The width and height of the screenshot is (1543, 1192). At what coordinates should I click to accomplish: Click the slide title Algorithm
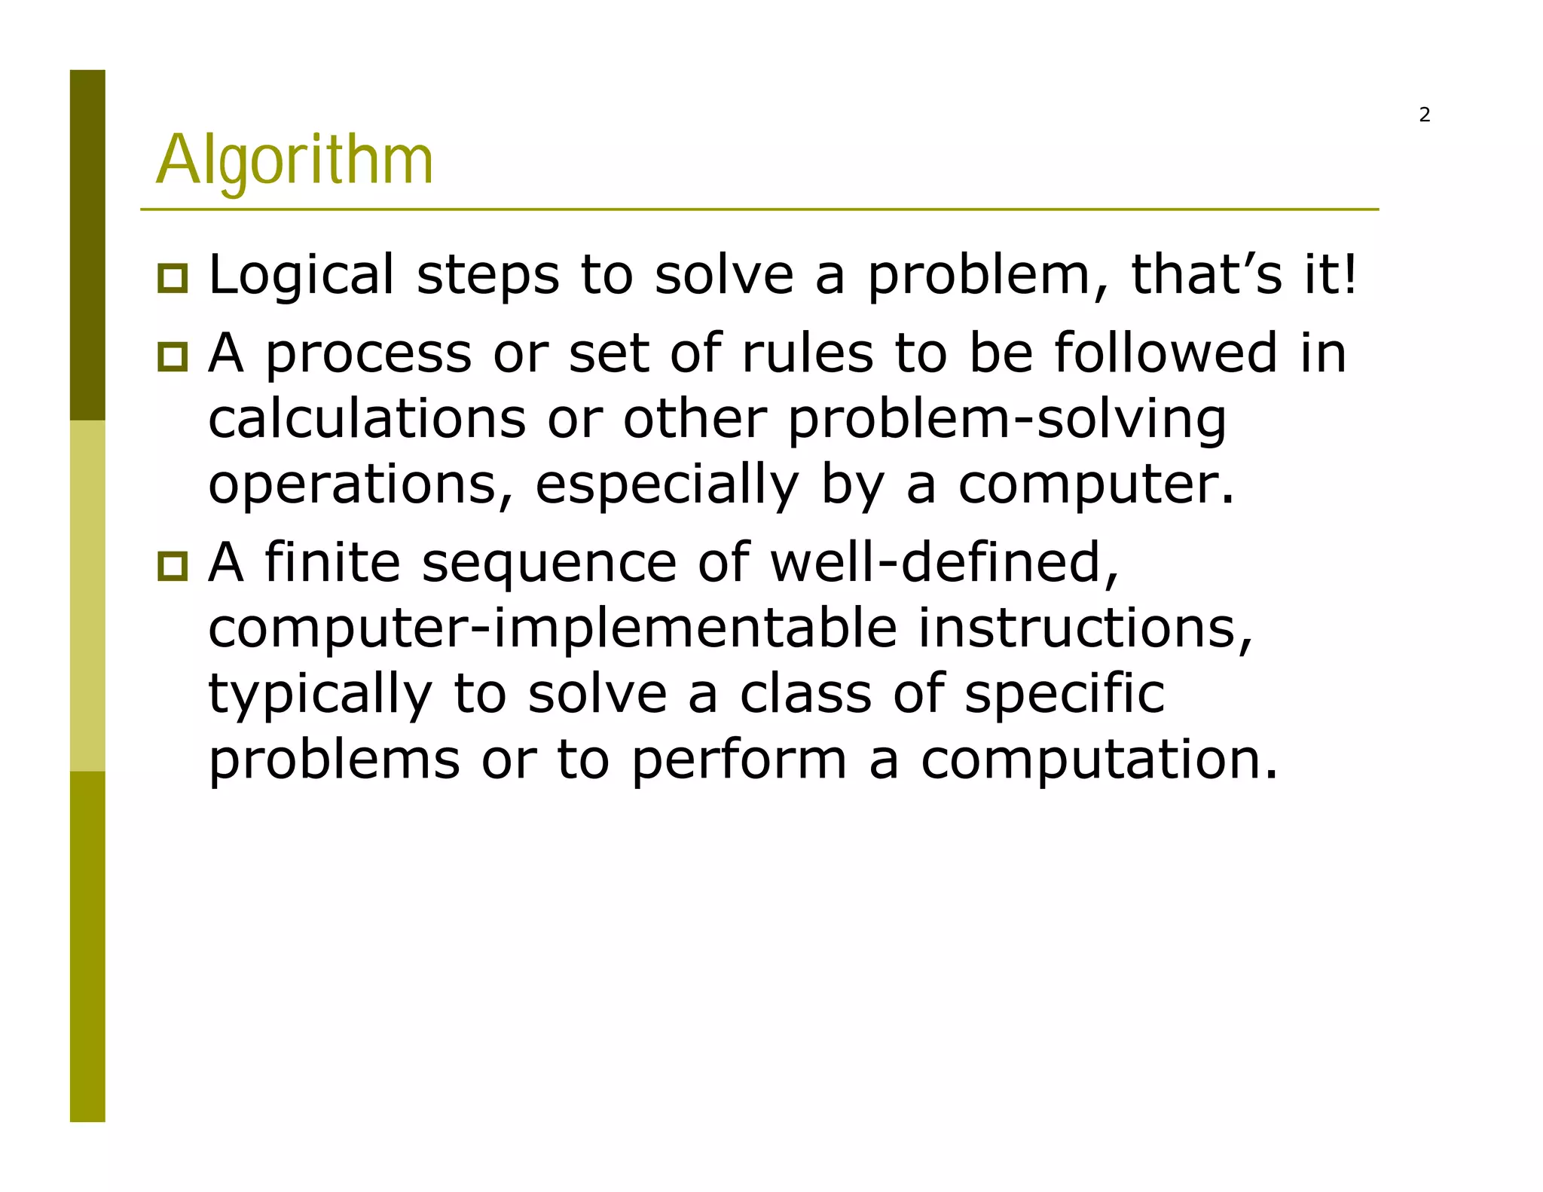coord(295,160)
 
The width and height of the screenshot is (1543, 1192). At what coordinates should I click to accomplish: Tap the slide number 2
coord(1424,115)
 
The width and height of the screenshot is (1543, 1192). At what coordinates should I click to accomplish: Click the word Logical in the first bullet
coord(301,275)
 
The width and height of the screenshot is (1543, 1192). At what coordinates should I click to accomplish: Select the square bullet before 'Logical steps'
coord(173,278)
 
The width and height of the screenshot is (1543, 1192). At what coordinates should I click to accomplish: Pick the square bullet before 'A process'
coord(173,356)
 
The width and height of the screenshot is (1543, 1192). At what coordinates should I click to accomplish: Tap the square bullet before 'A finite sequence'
coord(173,565)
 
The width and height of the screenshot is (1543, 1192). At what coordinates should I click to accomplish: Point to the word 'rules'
coord(807,352)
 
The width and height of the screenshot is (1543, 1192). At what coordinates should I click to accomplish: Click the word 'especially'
coord(667,484)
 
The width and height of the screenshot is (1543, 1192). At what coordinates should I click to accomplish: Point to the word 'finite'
coord(332,562)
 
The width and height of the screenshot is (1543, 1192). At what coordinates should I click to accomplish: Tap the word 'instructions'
coord(1085,628)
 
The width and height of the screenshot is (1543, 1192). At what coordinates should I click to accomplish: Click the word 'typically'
coord(320,694)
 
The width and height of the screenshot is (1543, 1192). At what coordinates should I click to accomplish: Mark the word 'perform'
coord(739,760)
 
